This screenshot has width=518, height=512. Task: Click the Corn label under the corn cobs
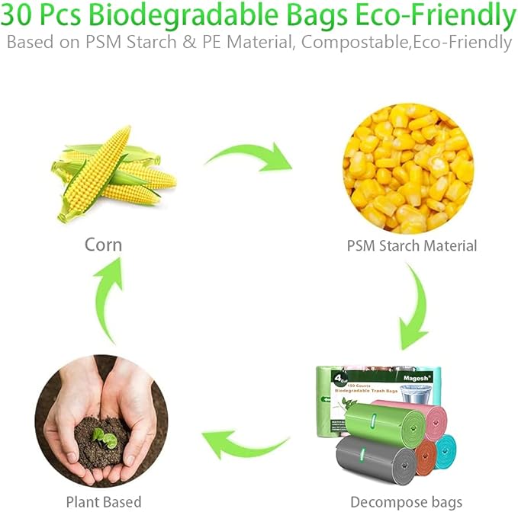tap(103, 245)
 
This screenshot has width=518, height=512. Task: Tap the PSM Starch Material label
tap(411, 245)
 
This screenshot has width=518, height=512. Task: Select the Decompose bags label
tap(406, 502)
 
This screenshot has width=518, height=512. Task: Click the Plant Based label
tap(103, 502)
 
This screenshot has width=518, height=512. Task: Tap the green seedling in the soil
tap(103, 437)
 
